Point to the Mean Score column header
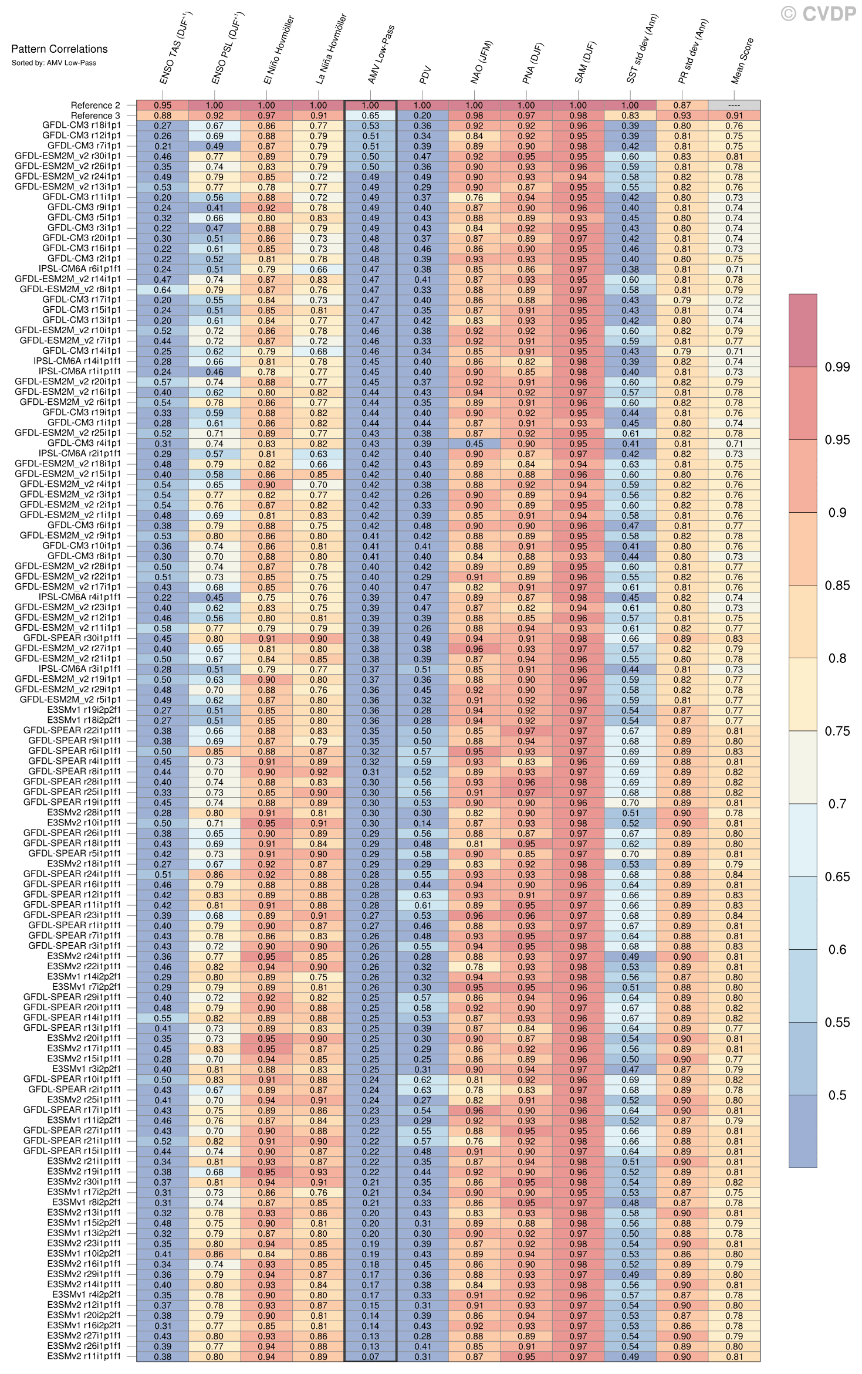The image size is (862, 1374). click(x=742, y=62)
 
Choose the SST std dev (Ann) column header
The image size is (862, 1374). click(x=642, y=50)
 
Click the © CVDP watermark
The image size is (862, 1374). click(x=818, y=13)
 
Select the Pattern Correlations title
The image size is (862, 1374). click(x=59, y=49)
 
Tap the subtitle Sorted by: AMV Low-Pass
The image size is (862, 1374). click(x=53, y=63)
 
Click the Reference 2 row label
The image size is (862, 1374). click(x=95, y=106)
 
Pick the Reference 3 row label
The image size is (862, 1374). click(x=95, y=116)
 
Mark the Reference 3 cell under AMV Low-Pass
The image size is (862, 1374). click(x=370, y=116)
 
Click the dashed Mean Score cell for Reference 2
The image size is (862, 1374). click(x=733, y=106)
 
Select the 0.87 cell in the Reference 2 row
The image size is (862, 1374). click(x=682, y=106)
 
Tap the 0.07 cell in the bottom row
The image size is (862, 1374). click(x=370, y=1356)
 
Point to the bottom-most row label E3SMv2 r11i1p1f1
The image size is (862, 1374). click(x=84, y=1356)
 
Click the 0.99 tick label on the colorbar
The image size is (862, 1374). click(x=837, y=367)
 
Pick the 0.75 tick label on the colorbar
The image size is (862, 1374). click(x=837, y=731)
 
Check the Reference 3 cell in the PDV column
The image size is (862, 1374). click(x=422, y=116)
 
